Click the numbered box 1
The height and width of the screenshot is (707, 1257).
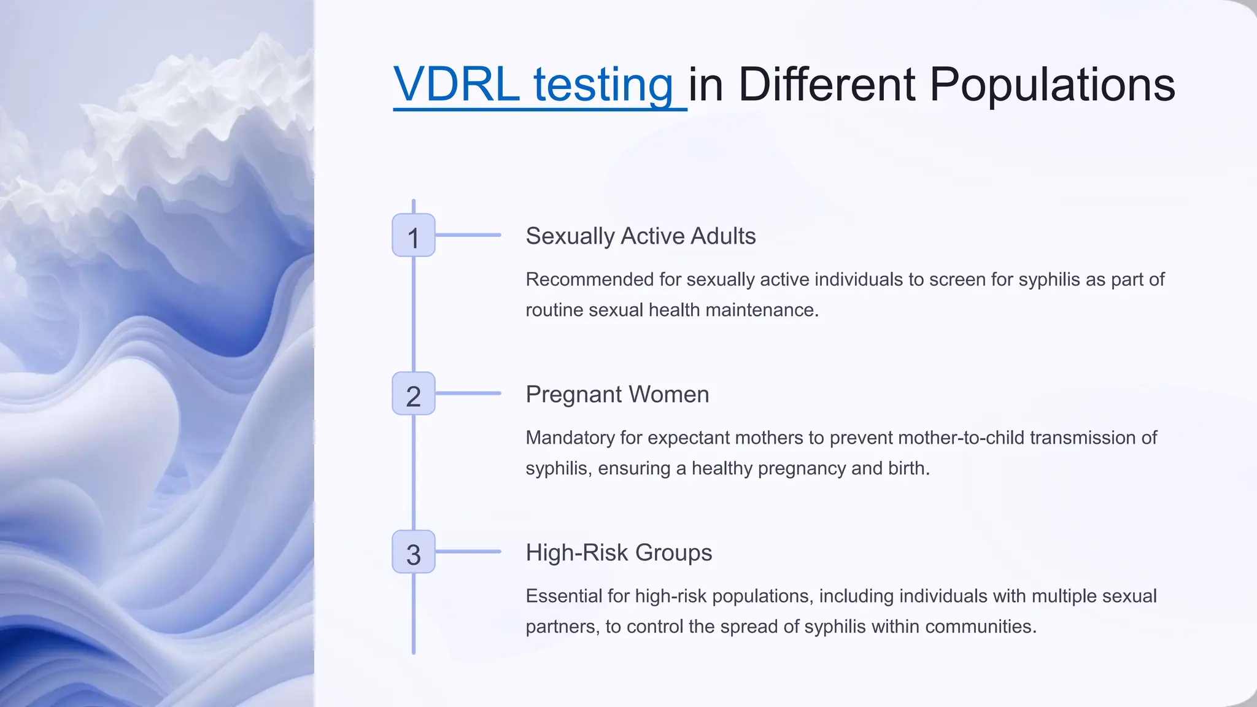coord(413,235)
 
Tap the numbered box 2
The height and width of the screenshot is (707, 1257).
coord(413,393)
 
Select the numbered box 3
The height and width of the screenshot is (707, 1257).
coord(413,552)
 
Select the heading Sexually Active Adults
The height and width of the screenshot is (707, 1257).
coord(640,236)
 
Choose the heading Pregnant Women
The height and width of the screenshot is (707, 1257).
coord(617,395)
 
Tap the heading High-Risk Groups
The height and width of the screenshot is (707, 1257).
coord(619,553)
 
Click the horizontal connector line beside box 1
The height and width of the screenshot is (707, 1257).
coord(468,235)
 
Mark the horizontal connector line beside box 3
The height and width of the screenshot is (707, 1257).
coord(468,552)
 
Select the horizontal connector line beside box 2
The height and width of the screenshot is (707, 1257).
coord(468,393)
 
